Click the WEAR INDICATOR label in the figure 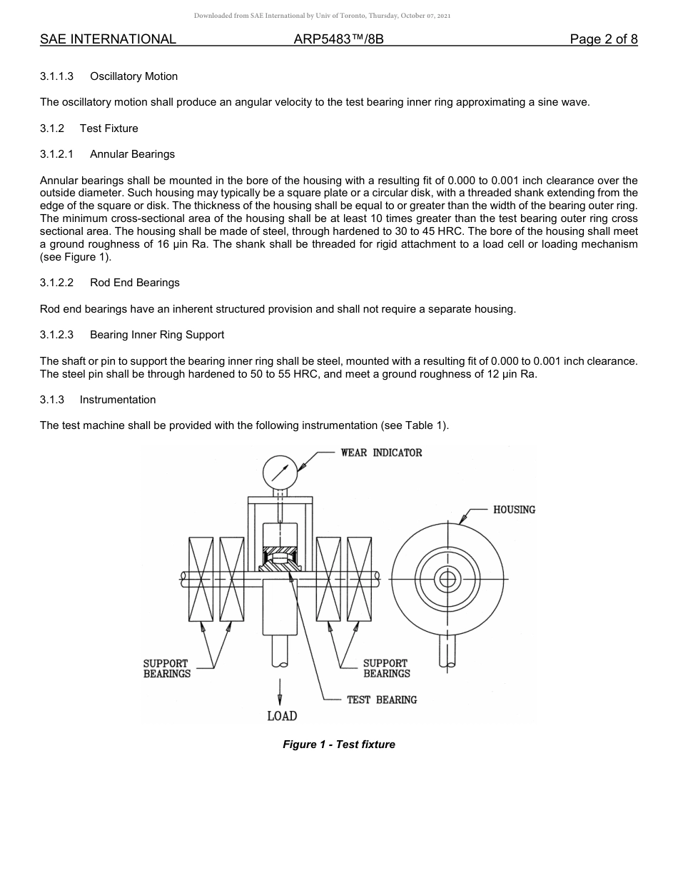381,453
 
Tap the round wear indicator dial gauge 280,472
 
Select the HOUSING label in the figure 514,510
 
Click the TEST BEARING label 382,700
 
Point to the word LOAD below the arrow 282,716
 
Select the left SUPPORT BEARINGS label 166,668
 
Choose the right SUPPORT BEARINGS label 386,668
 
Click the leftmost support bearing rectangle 201,579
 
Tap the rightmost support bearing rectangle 359,579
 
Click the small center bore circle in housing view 447,579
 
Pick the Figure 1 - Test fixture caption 339,745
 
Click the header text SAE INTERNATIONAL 108,39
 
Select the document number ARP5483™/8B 338,39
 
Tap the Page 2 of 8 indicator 603,39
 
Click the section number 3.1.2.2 57,283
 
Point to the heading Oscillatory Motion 133,76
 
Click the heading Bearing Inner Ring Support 157,335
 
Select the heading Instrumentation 118,400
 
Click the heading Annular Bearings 132,154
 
